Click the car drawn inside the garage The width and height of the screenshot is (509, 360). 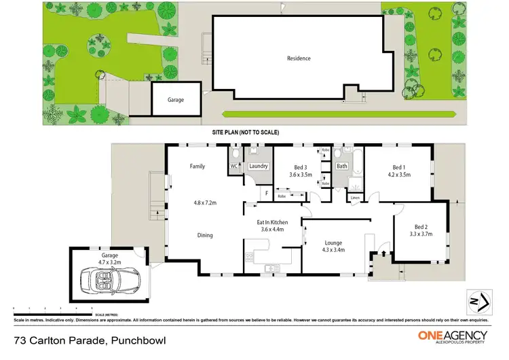(109, 278)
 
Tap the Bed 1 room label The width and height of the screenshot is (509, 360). (400, 166)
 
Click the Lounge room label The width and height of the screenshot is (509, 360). (333, 242)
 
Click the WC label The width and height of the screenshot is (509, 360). (234, 166)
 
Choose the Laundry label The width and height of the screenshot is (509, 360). (258, 166)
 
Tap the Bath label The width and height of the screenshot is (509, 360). (342, 166)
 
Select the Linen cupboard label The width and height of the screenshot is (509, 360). (354, 198)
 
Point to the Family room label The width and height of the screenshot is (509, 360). (197, 166)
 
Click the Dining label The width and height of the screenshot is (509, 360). (205, 235)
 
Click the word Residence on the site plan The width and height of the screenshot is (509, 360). (298, 58)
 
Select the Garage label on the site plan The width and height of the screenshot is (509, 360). (176, 100)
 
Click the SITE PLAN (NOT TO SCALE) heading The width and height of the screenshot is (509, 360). (246, 132)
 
